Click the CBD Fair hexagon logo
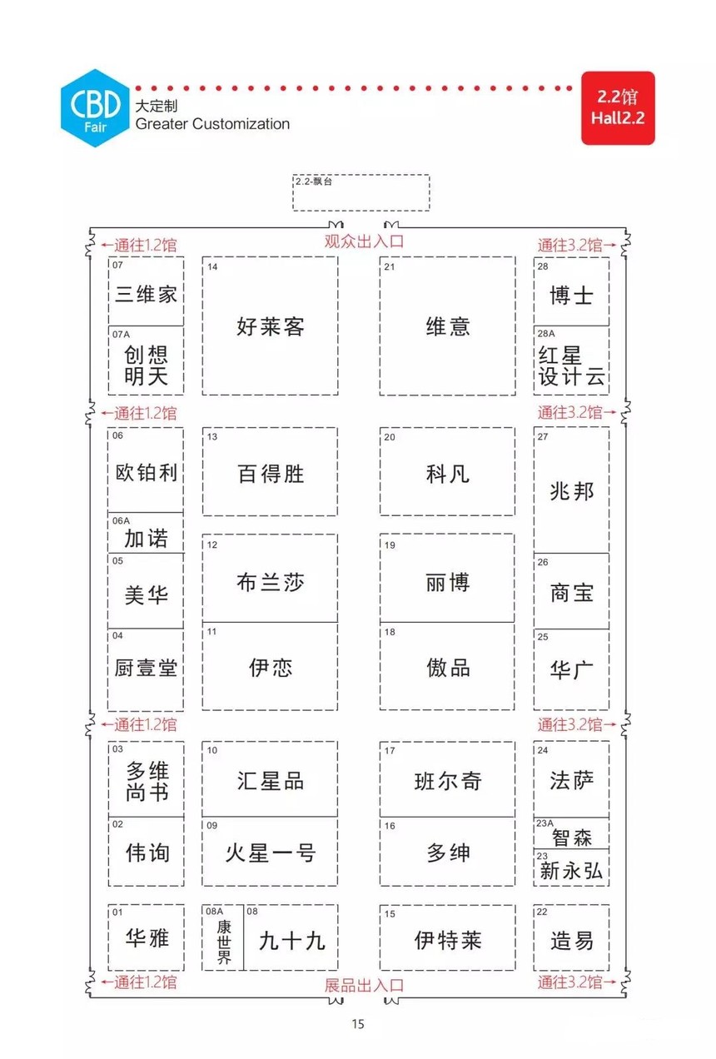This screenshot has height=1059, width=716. (95, 107)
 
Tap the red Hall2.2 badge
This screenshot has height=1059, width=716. (618, 107)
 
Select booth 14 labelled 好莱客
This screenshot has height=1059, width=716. (270, 326)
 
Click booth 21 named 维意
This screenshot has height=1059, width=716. (447, 326)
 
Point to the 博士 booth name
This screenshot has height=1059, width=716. (571, 296)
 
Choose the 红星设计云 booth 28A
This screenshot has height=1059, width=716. (571, 360)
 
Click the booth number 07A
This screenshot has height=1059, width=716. (121, 334)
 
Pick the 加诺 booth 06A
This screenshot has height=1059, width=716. (146, 533)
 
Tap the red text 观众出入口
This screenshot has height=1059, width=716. (364, 241)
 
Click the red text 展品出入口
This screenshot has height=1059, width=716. (364, 985)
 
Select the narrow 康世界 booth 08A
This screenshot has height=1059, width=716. (223, 937)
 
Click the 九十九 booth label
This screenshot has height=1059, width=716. (291, 940)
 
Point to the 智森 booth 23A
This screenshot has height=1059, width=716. (571, 833)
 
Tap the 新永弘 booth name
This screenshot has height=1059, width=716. (571, 870)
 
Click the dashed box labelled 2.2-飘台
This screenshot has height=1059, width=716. (360, 192)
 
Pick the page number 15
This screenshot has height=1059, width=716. (358, 1024)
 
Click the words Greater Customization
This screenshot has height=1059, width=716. (212, 124)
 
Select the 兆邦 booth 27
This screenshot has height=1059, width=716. (571, 490)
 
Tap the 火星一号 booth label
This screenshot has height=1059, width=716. (270, 853)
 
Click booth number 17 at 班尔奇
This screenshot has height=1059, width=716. (390, 750)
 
